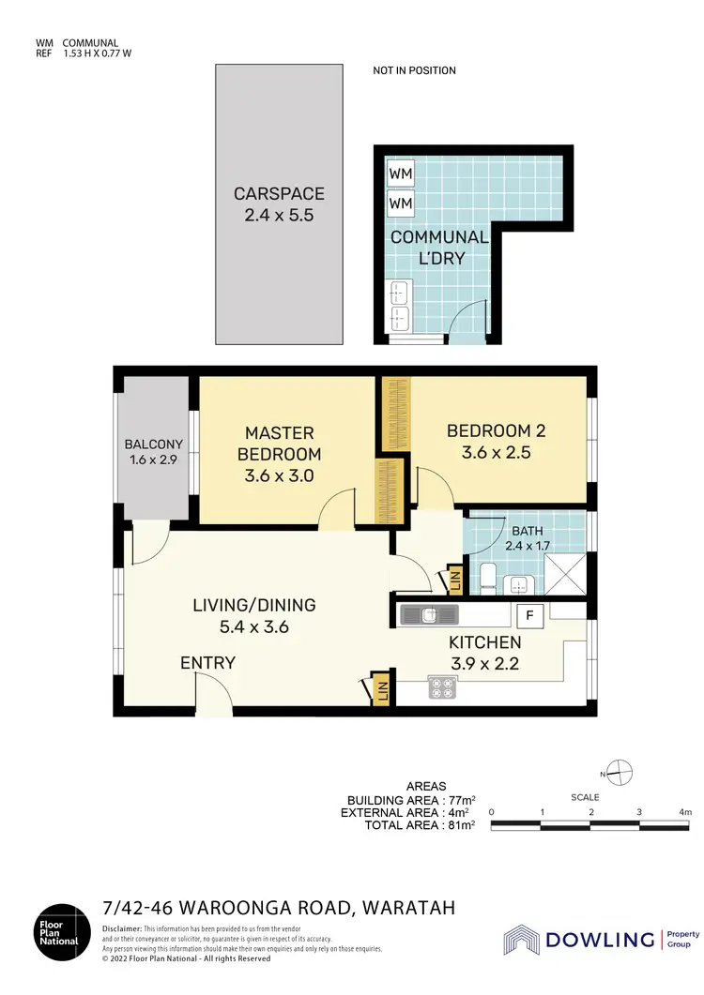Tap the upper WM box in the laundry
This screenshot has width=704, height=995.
tap(401, 175)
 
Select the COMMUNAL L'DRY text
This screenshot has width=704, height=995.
tap(439, 248)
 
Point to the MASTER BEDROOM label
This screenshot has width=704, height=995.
tap(279, 454)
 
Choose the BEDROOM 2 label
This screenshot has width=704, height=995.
tap(496, 441)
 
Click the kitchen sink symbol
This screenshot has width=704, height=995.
tap(428, 615)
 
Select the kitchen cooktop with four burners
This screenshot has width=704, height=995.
tap(442, 687)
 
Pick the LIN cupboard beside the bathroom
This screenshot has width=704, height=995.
tap(454, 580)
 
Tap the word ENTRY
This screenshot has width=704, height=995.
tap(207, 663)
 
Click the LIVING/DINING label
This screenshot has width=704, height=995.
tap(253, 615)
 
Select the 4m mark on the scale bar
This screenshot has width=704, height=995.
tap(685, 812)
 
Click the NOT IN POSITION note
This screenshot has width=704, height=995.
tap(414, 70)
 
